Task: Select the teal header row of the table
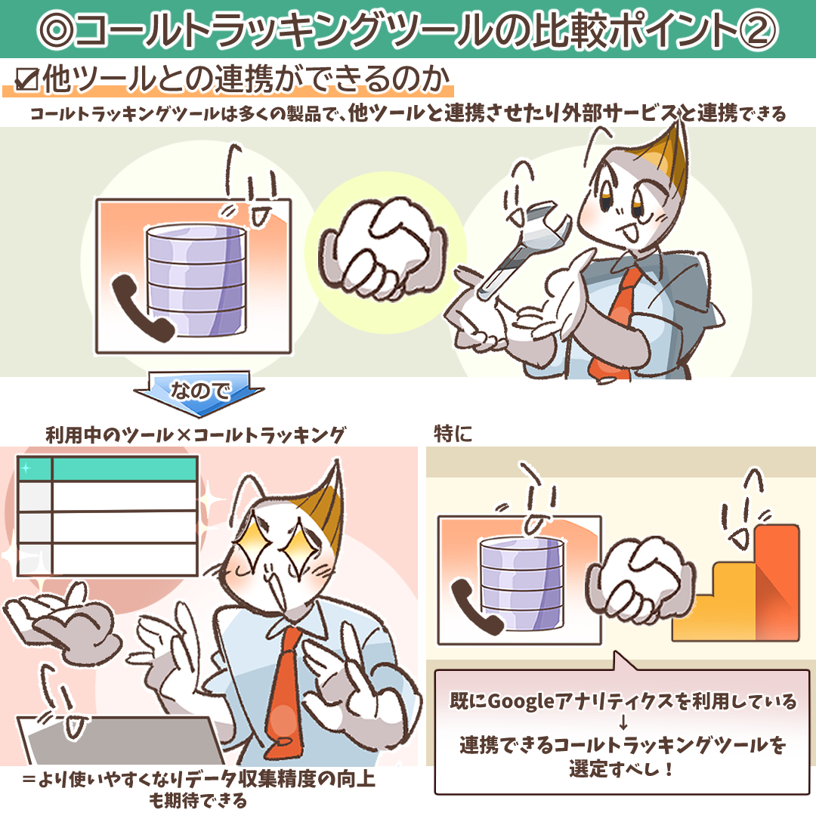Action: (108, 468)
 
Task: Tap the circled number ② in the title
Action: (757, 29)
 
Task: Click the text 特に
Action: (453, 434)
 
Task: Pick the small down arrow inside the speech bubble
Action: (623, 723)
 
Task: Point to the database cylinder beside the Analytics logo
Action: (521, 583)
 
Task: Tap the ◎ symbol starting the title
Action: (57, 30)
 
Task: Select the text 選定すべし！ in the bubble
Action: (621, 768)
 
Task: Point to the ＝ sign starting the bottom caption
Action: (29, 779)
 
